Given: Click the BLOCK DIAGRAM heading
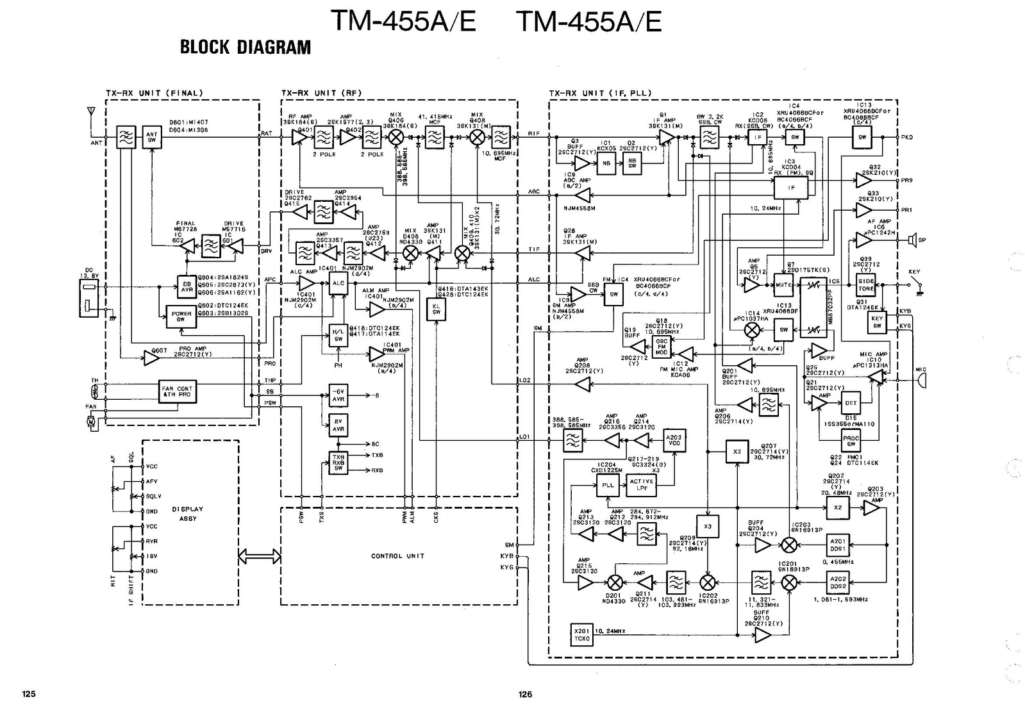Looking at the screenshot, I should point(245,47).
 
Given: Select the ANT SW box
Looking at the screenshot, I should point(152,137).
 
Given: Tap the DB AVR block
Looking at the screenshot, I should point(187,286).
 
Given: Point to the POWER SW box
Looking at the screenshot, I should point(181,317).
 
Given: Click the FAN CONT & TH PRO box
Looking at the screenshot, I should point(177,391).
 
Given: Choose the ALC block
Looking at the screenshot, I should point(338,283).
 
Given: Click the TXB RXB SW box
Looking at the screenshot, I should point(338,463).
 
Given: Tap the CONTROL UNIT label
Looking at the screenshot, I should point(397,556).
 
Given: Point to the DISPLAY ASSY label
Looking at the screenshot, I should point(188,513).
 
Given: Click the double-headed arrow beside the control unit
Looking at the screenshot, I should point(260,556).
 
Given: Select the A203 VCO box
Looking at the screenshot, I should point(674,440).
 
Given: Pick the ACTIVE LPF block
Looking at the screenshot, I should point(642,485).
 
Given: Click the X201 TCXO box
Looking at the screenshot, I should point(581,634).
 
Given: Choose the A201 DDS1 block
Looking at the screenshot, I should point(838,545).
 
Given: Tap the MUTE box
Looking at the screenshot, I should point(785,284).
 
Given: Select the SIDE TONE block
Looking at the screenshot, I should point(866,285).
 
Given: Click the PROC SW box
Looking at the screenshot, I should point(851,440).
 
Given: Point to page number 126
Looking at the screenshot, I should point(525,694).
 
